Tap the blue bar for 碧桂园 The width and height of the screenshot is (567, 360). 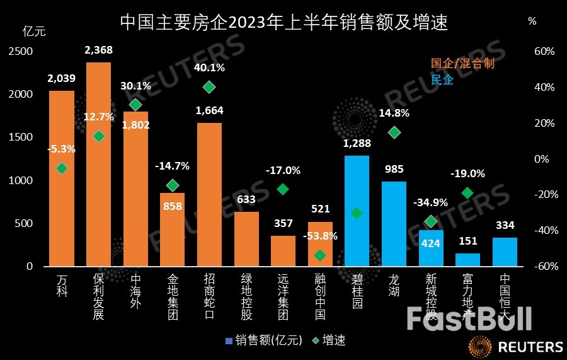click(357, 240)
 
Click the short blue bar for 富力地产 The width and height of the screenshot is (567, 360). click(467, 260)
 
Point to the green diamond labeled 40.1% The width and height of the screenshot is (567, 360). click(209, 86)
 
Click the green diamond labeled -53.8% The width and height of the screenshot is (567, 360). click(320, 255)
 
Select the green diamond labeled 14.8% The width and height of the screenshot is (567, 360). click(394, 132)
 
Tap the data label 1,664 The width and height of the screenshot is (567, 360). click(209, 111)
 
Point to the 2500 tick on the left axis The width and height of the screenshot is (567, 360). click(20, 51)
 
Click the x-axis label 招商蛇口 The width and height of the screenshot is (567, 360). click(209, 296)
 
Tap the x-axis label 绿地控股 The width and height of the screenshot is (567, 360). click(246, 296)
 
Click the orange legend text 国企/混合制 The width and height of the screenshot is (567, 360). click(462, 63)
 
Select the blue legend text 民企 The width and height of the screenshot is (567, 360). click(442, 79)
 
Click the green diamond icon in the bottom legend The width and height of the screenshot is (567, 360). click(315, 340)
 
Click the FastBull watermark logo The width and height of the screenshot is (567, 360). click(469, 319)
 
